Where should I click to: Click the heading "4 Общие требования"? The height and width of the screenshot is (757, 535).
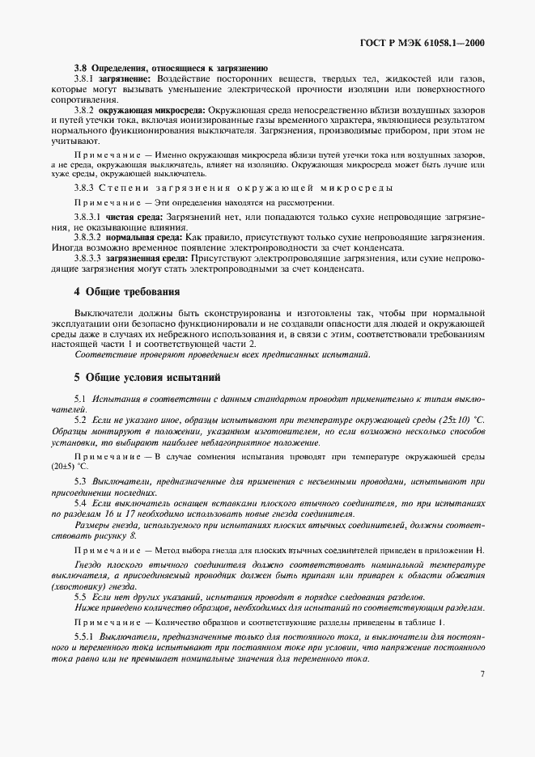[x=128, y=291]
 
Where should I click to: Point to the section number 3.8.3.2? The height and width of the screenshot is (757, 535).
[x=88, y=238]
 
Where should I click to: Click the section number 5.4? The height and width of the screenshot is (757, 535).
[x=80, y=501]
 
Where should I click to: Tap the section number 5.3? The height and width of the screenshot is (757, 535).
[x=80, y=481]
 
